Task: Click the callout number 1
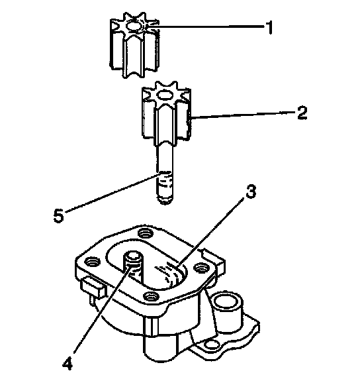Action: [x=269, y=28]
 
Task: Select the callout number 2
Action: [x=302, y=113]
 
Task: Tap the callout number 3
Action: [x=251, y=191]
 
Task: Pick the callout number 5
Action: [x=58, y=216]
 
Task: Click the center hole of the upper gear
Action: [x=134, y=26]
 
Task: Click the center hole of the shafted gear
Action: [x=165, y=95]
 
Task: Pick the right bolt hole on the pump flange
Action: [x=200, y=268]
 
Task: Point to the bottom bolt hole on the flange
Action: [x=152, y=296]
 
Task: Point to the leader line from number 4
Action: [x=103, y=311]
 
